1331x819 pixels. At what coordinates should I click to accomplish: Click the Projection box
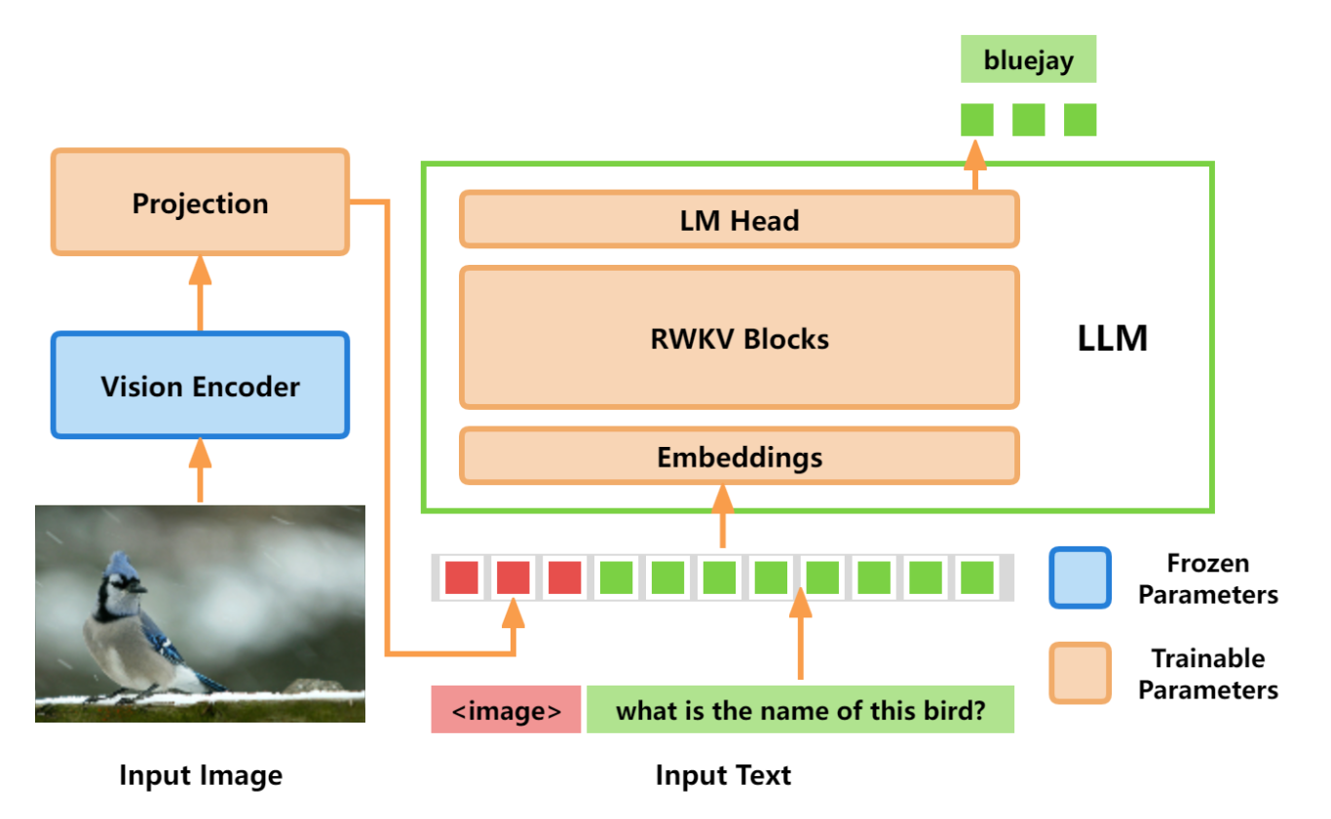tap(201, 202)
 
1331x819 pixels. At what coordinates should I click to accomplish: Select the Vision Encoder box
tap(201, 386)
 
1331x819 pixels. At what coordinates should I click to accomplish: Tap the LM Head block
tap(740, 219)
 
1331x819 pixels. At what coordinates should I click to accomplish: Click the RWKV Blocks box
tap(740, 337)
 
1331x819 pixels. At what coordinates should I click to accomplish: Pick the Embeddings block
tap(740, 456)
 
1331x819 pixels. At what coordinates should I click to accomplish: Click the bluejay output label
tap(1028, 58)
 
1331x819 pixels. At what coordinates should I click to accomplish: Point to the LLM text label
tap(1113, 339)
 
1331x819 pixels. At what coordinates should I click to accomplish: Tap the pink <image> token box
tap(506, 709)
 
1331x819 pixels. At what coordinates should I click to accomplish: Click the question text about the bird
tap(800, 709)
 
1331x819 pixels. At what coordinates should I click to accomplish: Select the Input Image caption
tap(201, 775)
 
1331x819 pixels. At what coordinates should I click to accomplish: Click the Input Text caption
tap(723, 775)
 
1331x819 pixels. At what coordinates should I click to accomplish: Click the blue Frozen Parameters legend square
tap(1081, 577)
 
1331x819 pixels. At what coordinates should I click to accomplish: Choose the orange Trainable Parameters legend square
tap(1081, 673)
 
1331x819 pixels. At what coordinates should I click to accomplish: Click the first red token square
tap(462, 577)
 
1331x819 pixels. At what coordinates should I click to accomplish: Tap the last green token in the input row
tap(977, 577)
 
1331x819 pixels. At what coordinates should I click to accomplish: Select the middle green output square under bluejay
tap(1029, 120)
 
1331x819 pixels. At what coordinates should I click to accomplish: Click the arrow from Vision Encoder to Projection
tap(201, 293)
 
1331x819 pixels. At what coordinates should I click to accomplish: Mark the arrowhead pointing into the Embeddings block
tap(723, 499)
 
